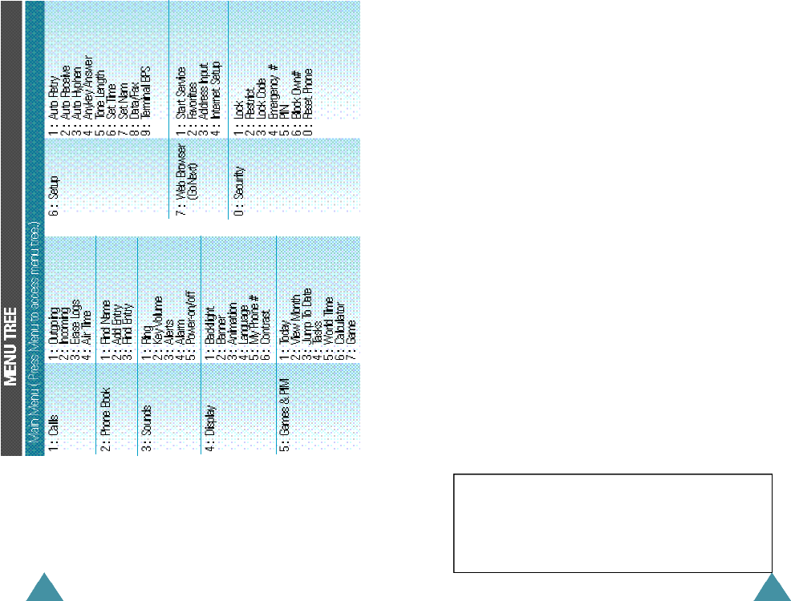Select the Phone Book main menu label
104,413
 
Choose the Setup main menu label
53,197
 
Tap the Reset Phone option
307,92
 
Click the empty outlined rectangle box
612,522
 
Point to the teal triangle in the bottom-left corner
42,589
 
